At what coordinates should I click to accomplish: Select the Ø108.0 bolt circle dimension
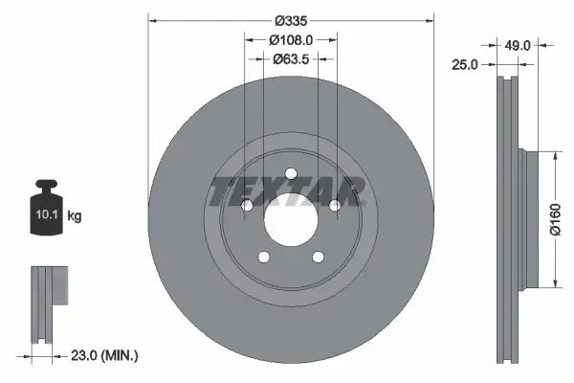click(x=291, y=39)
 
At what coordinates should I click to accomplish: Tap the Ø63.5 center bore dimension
click(x=291, y=58)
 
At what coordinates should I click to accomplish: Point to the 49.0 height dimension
click(x=518, y=44)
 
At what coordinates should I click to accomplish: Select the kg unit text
click(x=74, y=216)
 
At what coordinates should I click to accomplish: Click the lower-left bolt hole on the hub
click(x=263, y=257)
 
